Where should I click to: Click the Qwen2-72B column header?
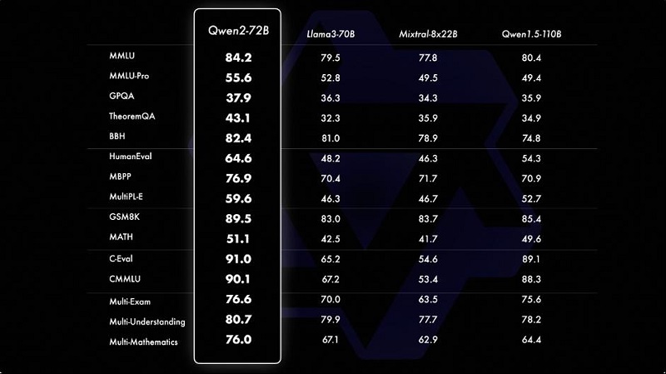(x=238, y=31)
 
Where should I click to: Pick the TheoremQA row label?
(x=132, y=117)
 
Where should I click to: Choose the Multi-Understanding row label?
(x=147, y=322)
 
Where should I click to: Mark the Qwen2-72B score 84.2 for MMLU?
(x=238, y=57)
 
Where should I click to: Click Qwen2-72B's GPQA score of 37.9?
(x=238, y=97)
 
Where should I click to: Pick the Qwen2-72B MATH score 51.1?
(x=238, y=237)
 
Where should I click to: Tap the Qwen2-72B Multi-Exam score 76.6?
(x=238, y=301)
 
